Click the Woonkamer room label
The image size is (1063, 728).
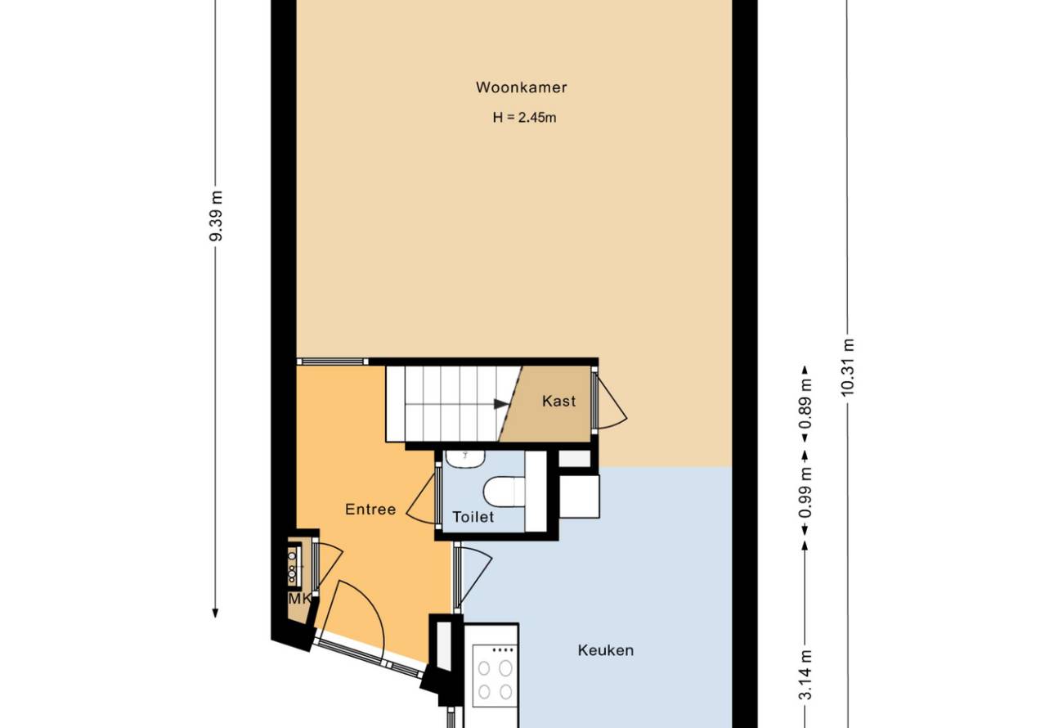click(521, 88)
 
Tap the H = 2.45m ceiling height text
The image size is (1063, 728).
click(524, 117)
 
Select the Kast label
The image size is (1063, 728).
click(558, 401)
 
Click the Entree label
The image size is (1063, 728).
click(370, 510)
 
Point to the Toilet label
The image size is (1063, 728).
click(473, 517)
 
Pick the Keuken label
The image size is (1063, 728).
click(606, 650)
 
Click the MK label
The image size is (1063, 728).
click(299, 599)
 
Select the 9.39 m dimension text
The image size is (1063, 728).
click(217, 216)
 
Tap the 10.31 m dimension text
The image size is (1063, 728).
click(848, 366)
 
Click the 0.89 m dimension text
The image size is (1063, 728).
click(805, 403)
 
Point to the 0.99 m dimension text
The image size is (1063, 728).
click(805, 493)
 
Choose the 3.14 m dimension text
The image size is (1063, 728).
click(805, 675)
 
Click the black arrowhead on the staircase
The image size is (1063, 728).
click(501, 404)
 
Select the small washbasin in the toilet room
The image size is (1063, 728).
click(465, 458)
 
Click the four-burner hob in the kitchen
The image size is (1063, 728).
click(495, 676)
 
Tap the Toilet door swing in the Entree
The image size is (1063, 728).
click(421, 499)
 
